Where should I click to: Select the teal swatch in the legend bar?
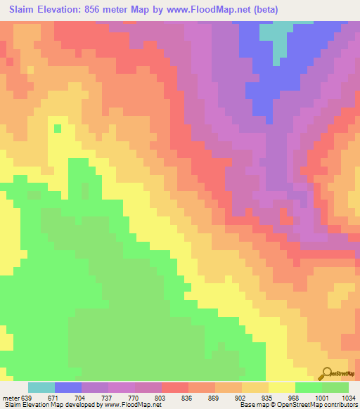[41, 387]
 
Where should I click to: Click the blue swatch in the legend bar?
[68, 387]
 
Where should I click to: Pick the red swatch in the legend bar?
[174, 387]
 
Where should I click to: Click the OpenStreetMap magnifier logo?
[327, 372]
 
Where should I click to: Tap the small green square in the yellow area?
[58, 128]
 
